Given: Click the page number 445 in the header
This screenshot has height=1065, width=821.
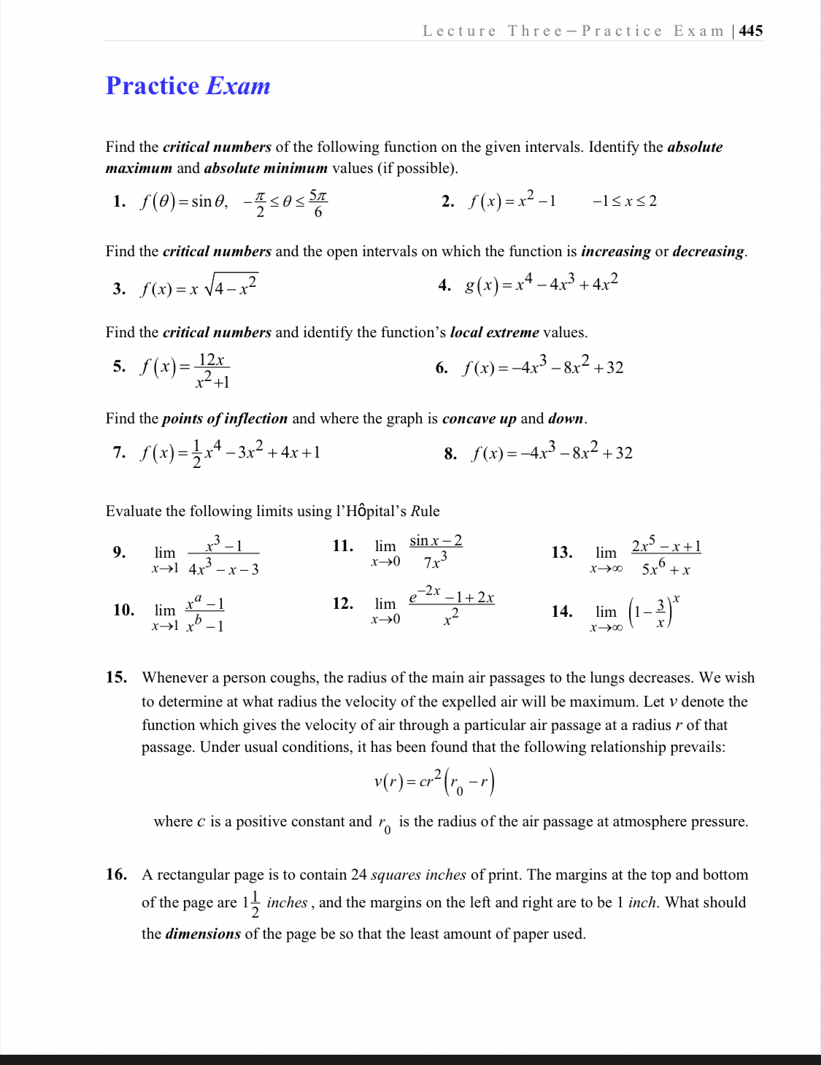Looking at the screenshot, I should pos(751,31).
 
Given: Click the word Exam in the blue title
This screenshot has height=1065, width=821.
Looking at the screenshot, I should pos(239,86).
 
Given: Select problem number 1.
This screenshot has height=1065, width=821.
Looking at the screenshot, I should pos(120,201).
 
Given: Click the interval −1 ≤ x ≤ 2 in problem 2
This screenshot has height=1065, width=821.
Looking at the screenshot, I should pos(624,201).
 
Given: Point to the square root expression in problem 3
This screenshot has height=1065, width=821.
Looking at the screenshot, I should pos(231,285).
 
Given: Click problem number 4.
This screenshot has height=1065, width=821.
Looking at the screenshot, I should pos(444,285).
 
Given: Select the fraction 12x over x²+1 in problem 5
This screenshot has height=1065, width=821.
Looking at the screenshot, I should pos(212,371).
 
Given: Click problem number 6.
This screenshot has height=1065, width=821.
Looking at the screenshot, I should pos(442,368).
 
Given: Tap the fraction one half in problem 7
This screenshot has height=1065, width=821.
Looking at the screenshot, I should pos(196,453).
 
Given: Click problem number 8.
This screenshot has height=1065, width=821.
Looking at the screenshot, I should pos(450,454).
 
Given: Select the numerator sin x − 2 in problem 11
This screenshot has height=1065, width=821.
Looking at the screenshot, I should pos(436,541).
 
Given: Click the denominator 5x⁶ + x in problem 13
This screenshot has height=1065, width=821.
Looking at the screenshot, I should pos(666,569).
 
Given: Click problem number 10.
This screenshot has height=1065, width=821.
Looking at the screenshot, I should pos(123,610).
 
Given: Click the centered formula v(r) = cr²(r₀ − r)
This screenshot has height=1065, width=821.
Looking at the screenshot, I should pos(433,782).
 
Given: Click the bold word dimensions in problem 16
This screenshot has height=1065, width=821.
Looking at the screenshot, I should pos(203,934).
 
